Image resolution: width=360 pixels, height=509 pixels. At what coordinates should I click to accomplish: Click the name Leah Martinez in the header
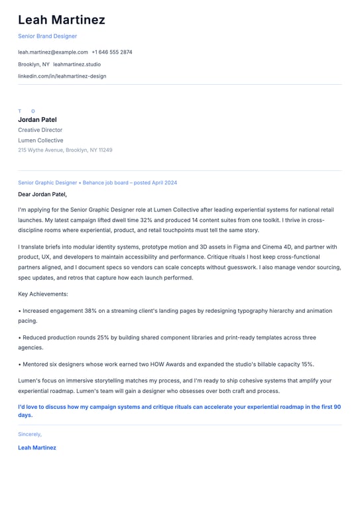pyautogui.click(x=62, y=20)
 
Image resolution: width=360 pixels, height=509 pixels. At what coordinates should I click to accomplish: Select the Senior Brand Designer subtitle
pyautogui.click(x=47, y=36)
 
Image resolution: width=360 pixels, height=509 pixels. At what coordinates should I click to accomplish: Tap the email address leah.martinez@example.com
pyautogui.click(x=53, y=52)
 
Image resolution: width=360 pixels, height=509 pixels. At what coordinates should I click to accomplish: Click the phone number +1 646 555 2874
pyautogui.click(x=112, y=52)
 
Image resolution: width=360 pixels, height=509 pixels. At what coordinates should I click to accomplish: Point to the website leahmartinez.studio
pyautogui.click(x=77, y=64)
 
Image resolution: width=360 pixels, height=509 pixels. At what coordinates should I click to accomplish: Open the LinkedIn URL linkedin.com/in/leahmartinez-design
pyautogui.click(x=62, y=76)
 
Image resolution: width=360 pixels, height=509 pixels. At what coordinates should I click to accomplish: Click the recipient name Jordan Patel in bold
pyautogui.click(x=37, y=120)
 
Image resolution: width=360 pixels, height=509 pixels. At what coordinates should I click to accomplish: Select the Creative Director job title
pyautogui.click(x=40, y=130)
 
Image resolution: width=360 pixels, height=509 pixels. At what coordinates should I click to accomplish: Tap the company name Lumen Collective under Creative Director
pyautogui.click(x=40, y=141)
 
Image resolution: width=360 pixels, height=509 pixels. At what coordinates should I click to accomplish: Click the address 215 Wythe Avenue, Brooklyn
pyautogui.click(x=65, y=150)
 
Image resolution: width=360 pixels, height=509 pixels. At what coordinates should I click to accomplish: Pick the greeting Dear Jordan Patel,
pyautogui.click(x=42, y=195)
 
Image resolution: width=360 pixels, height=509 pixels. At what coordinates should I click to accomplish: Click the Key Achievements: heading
pyautogui.click(x=43, y=294)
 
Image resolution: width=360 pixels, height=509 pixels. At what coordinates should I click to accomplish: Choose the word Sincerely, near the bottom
pyautogui.click(x=30, y=434)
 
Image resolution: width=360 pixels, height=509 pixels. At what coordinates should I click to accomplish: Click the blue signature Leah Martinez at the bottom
pyautogui.click(x=37, y=447)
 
